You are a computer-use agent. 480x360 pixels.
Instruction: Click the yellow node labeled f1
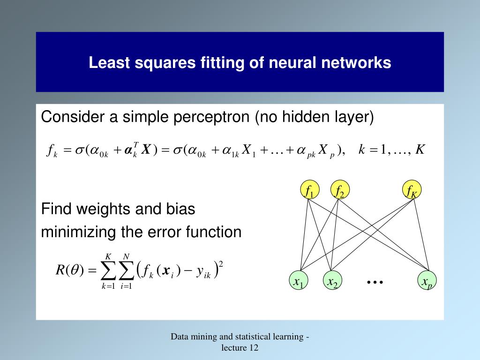click(x=309, y=190)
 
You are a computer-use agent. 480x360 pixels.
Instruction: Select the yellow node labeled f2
click(x=340, y=190)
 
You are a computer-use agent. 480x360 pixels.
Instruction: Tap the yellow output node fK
click(x=412, y=190)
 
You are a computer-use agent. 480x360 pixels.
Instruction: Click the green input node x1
click(x=299, y=281)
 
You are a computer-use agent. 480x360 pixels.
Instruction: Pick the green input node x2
click(x=332, y=281)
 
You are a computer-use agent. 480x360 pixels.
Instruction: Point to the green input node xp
click(x=427, y=281)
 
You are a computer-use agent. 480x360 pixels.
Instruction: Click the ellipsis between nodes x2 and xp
click(x=375, y=282)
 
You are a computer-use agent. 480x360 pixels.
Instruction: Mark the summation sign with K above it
click(x=108, y=270)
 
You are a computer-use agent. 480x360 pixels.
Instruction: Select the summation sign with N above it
click(x=126, y=270)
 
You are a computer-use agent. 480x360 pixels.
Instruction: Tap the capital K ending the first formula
click(x=420, y=150)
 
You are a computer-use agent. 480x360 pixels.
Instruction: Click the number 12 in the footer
click(x=254, y=347)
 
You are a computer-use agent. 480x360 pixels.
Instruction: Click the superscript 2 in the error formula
click(x=221, y=264)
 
